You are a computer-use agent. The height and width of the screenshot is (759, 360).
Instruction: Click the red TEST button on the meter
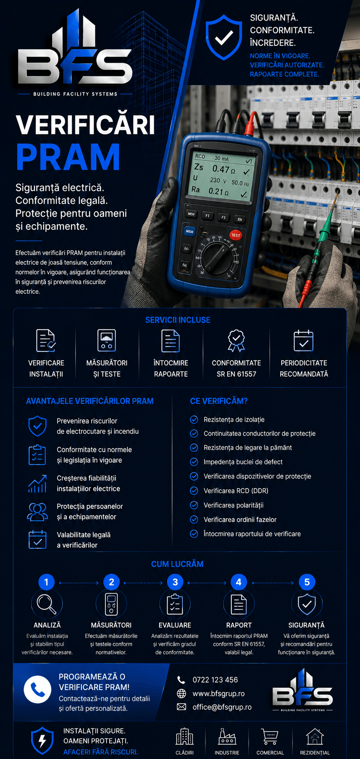[235, 235]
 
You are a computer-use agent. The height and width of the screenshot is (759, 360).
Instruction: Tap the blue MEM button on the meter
[190, 231]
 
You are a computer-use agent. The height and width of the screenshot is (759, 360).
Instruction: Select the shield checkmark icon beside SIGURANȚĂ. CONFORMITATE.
[224, 38]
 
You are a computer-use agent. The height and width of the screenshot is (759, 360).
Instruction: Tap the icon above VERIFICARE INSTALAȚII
[46, 341]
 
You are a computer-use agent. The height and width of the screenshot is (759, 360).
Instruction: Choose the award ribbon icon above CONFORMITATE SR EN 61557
[236, 341]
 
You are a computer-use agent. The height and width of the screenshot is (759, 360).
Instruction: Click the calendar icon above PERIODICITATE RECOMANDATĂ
[303, 341]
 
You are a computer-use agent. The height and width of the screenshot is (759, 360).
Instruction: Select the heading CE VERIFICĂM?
[219, 401]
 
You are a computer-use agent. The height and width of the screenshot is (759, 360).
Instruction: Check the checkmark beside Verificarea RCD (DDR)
[194, 491]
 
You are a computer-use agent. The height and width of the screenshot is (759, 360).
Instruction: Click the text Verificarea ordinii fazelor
[240, 519]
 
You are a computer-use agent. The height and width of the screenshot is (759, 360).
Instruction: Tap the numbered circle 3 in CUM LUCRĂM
[175, 582]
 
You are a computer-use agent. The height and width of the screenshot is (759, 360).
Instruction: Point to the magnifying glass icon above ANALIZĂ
[46, 604]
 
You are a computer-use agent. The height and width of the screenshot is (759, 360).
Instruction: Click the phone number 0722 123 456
[215, 680]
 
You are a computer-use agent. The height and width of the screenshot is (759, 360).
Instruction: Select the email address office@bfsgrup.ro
[222, 707]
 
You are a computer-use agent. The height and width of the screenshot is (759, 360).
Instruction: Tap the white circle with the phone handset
[37, 689]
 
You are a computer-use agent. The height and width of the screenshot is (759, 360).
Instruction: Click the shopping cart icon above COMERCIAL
[270, 736]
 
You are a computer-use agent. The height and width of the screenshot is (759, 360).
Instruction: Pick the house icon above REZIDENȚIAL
[315, 736]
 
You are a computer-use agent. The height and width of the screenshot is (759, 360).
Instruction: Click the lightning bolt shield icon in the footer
[42, 741]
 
